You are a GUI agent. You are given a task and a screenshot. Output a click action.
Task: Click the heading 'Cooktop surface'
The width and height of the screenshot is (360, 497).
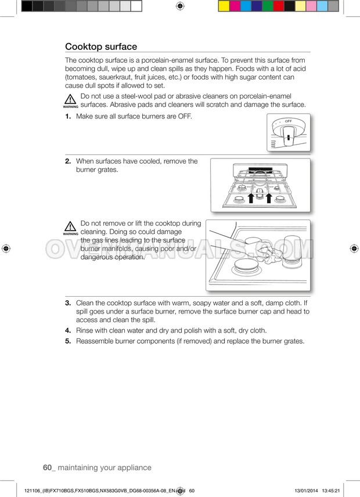(101, 46)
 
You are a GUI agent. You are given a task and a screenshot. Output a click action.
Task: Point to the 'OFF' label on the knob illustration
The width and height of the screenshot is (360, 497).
(288, 121)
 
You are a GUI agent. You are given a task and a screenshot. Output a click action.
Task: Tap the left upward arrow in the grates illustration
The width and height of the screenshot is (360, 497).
(251, 200)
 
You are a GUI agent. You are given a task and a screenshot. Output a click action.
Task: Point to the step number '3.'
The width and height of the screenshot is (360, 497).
(68, 303)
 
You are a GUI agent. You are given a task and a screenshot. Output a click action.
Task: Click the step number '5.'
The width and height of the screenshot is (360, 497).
(68, 341)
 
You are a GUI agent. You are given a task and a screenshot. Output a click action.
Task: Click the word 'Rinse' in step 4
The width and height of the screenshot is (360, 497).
(85, 330)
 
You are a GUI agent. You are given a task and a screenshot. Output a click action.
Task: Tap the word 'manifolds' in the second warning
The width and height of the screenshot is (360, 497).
(129, 248)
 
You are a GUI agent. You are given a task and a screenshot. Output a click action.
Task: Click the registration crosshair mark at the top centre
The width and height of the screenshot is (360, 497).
(179, 6)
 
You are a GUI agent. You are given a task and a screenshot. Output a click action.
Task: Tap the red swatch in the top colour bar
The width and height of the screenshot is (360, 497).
(279, 6)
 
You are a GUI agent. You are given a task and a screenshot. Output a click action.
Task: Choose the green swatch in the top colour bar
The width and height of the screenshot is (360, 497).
(268, 6)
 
